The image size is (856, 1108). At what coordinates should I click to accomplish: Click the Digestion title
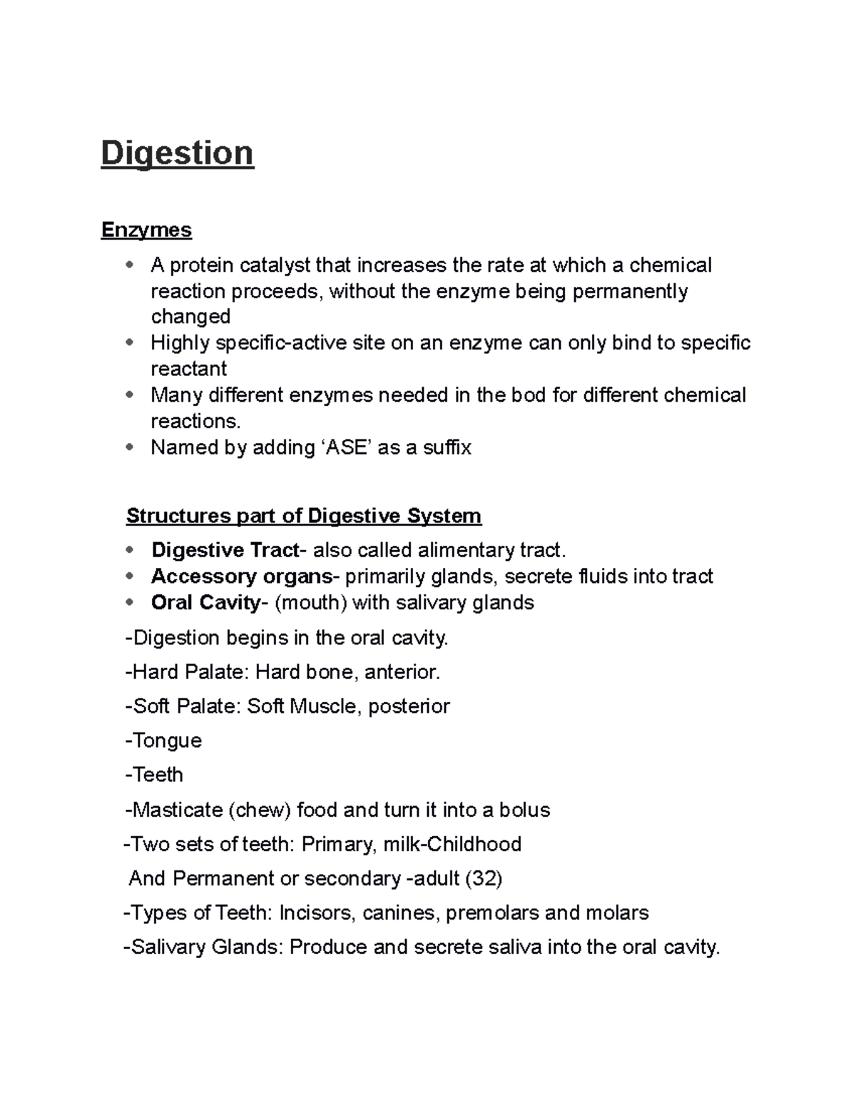tap(177, 153)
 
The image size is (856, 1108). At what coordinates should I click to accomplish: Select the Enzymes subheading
tap(146, 230)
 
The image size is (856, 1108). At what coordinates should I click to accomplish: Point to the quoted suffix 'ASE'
tap(344, 447)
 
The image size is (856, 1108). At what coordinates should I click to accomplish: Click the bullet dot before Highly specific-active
tap(129, 342)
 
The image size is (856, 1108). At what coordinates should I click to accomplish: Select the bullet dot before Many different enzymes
tap(129, 395)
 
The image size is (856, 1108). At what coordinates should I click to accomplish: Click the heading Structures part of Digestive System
tap(303, 515)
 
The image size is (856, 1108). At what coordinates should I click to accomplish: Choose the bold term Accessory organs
tap(241, 576)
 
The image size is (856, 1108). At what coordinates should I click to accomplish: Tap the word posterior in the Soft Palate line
tap(409, 706)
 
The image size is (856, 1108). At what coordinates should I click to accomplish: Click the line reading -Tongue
tap(163, 740)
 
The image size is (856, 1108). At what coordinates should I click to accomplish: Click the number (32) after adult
tap(484, 878)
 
